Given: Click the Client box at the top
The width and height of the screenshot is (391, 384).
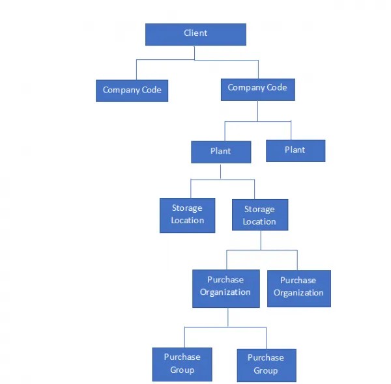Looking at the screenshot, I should click(x=195, y=34).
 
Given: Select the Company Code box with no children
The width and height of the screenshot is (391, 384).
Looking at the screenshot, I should click(x=132, y=90).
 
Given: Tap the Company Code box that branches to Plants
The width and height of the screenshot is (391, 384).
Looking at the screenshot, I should click(x=257, y=89).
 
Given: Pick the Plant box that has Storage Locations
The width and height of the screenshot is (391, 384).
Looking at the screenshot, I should click(x=220, y=152).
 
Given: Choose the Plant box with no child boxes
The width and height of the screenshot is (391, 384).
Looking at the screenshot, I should click(x=295, y=150).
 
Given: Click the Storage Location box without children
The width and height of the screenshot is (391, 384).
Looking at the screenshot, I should click(x=187, y=215).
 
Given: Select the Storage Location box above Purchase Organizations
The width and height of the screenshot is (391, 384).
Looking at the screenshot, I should click(x=259, y=215).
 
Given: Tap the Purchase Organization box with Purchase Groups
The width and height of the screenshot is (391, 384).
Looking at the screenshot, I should click(x=225, y=286).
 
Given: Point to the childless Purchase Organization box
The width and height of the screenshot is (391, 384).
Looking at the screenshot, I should click(x=298, y=287).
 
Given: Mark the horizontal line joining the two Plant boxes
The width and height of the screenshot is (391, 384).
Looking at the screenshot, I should click(x=257, y=121).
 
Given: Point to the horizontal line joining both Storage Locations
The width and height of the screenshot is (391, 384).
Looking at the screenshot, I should click(x=222, y=179).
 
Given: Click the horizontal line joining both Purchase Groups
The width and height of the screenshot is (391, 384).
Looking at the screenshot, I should click(x=225, y=327).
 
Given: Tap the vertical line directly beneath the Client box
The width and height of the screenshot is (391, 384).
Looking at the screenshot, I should click(x=195, y=53).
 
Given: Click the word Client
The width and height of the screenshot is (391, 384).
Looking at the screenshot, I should click(x=195, y=33).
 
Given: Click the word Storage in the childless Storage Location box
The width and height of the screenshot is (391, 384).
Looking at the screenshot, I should click(x=187, y=208).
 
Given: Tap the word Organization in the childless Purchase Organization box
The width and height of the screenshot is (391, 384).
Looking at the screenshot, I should click(x=298, y=293).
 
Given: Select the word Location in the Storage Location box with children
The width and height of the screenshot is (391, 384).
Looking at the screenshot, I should click(x=259, y=222).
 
